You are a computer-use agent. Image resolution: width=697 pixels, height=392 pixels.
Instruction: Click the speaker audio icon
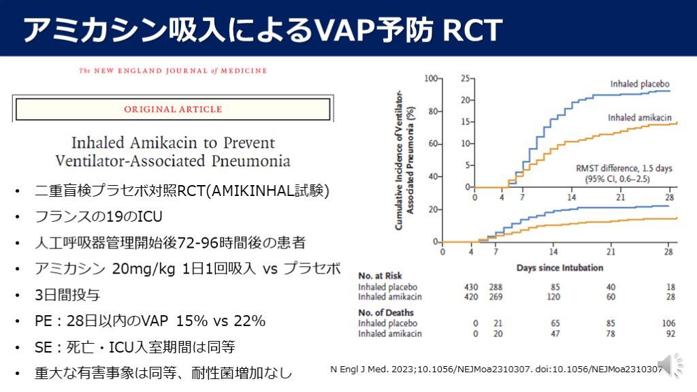tap(668, 365)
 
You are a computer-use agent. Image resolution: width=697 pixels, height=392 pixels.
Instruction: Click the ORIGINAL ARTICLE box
tap(172, 109)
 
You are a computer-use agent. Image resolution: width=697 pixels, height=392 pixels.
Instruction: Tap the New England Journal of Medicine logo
tap(173, 70)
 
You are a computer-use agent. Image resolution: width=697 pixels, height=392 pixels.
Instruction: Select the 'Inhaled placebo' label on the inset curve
tap(634, 84)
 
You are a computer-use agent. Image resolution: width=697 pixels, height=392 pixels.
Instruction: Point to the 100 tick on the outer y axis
tap(430, 78)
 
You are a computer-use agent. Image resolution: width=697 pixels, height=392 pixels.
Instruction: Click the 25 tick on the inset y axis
tap(465, 78)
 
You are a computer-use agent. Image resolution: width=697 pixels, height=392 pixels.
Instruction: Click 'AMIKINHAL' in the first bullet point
tap(261, 193)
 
